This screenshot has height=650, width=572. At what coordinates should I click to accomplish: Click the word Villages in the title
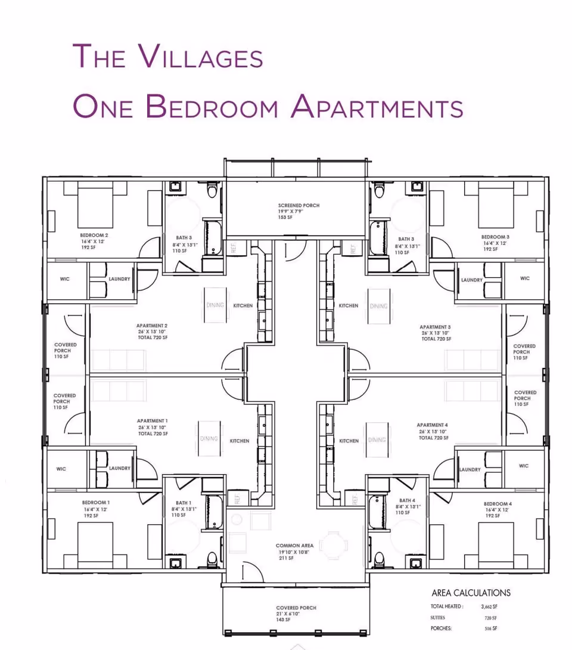coord(201,57)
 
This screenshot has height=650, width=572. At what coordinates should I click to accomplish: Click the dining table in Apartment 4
coord(377,440)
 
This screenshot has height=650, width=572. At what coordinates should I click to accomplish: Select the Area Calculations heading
coord(471,593)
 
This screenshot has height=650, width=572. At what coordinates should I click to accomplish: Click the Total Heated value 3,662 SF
coord(489,606)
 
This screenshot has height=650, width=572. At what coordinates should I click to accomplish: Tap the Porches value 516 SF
coord(491,629)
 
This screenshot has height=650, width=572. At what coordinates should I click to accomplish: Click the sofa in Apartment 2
coord(119,360)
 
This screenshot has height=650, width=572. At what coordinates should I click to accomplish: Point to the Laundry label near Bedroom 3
coord(471,280)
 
